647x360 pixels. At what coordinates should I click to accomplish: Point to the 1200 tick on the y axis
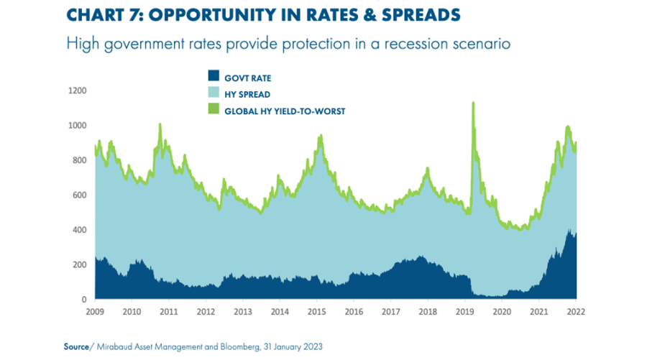(x=78, y=91)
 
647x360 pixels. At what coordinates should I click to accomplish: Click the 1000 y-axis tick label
(x=78, y=126)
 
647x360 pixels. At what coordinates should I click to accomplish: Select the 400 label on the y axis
(x=80, y=230)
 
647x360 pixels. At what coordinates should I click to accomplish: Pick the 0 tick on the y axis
(x=84, y=300)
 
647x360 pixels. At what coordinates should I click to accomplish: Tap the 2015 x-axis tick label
(x=317, y=312)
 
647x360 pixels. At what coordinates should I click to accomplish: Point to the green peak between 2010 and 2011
(x=160, y=125)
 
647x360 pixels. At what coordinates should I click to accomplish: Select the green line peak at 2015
(x=319, y=136)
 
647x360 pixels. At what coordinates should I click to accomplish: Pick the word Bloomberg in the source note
(x=229, y=346)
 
